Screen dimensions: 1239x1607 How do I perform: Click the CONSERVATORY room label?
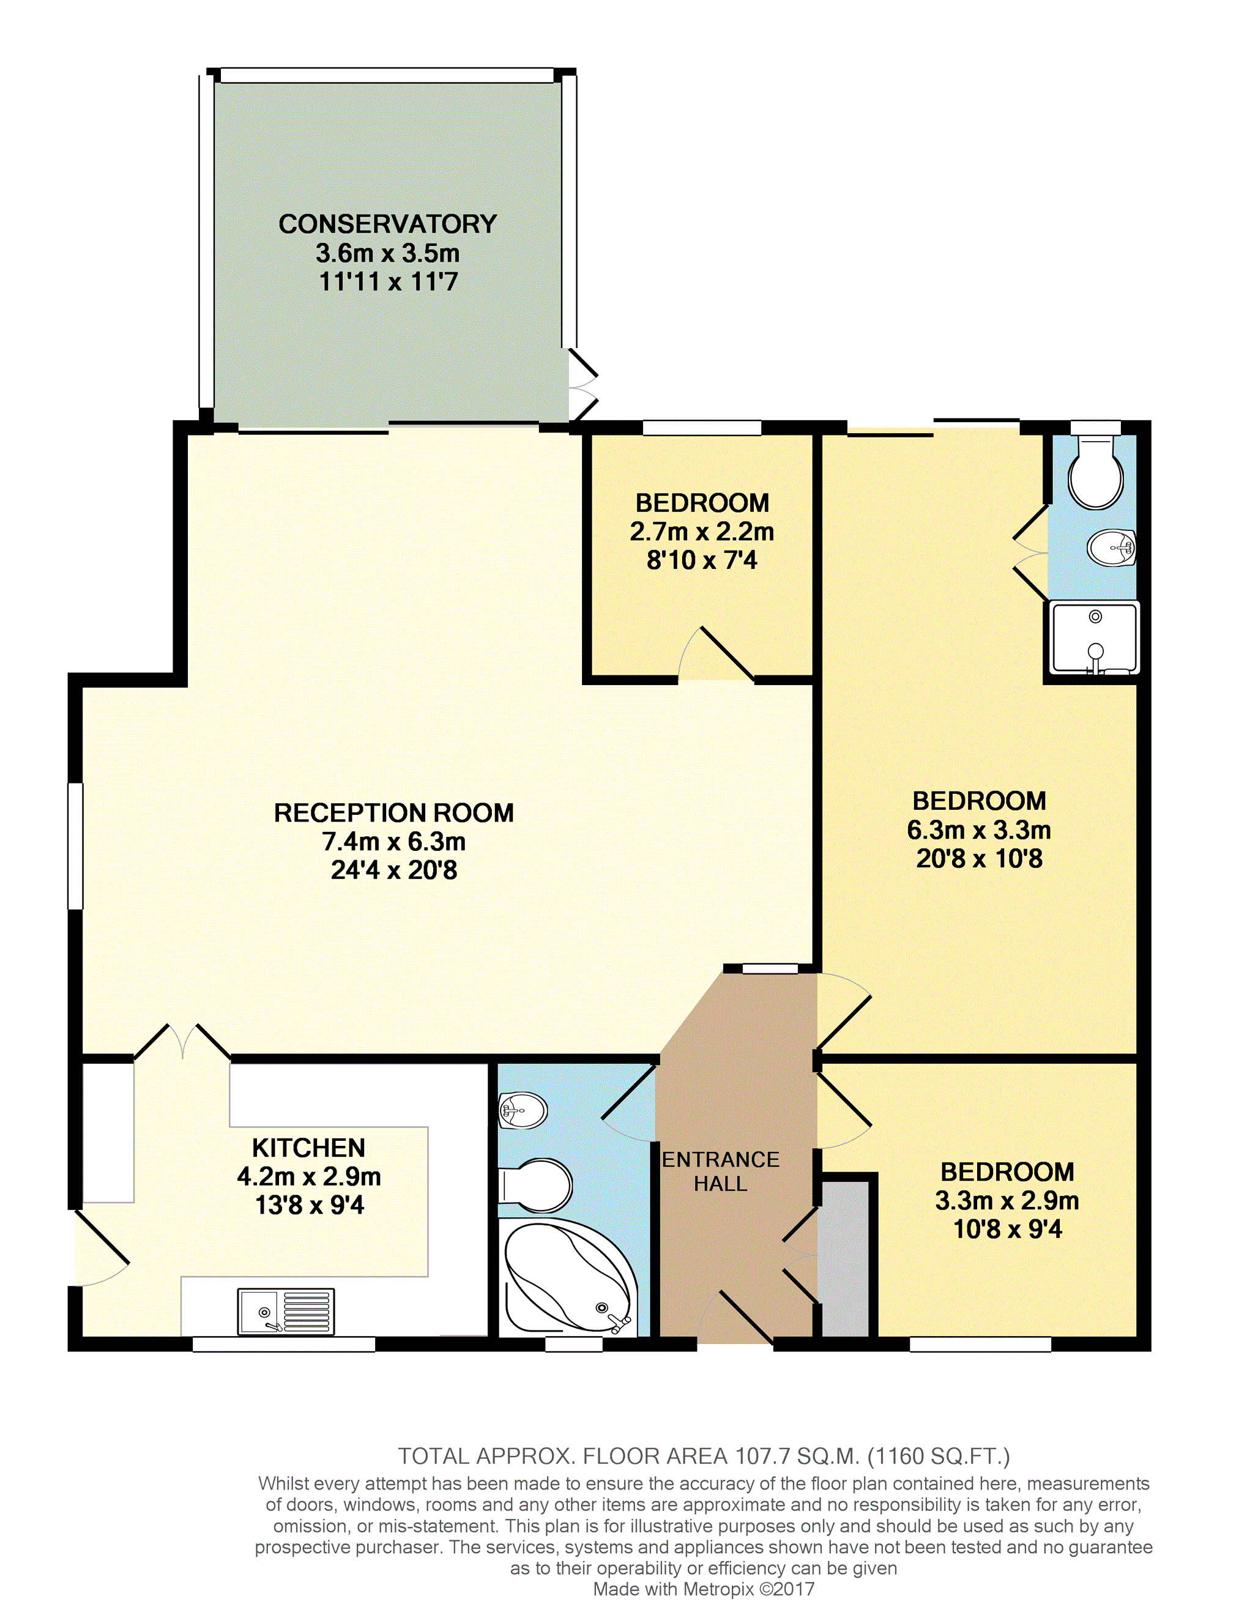click(x=388, y=224)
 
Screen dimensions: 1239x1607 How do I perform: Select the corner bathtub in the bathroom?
click(x=568, y=1277)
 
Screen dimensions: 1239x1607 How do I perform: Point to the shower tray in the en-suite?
click(x=1095, y=638)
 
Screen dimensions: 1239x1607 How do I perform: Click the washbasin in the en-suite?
click(x=1112, y=547)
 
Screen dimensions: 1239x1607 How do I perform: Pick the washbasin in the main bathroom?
click(x=523, y=1110)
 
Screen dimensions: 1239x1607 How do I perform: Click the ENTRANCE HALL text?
click(x=720, y=1171)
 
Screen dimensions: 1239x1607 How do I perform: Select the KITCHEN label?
click(x=308, y=1148)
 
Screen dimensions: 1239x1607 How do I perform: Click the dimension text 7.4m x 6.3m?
click(x=393, y=842)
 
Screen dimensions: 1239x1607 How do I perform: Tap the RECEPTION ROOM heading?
click(x=393, y=813)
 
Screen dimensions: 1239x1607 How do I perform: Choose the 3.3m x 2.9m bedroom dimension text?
click(x=1006, y=1201)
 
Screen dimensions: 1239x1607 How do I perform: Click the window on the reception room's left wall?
click(x=75, y=846)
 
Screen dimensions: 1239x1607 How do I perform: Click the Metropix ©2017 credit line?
click(x=704, y=1589)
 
